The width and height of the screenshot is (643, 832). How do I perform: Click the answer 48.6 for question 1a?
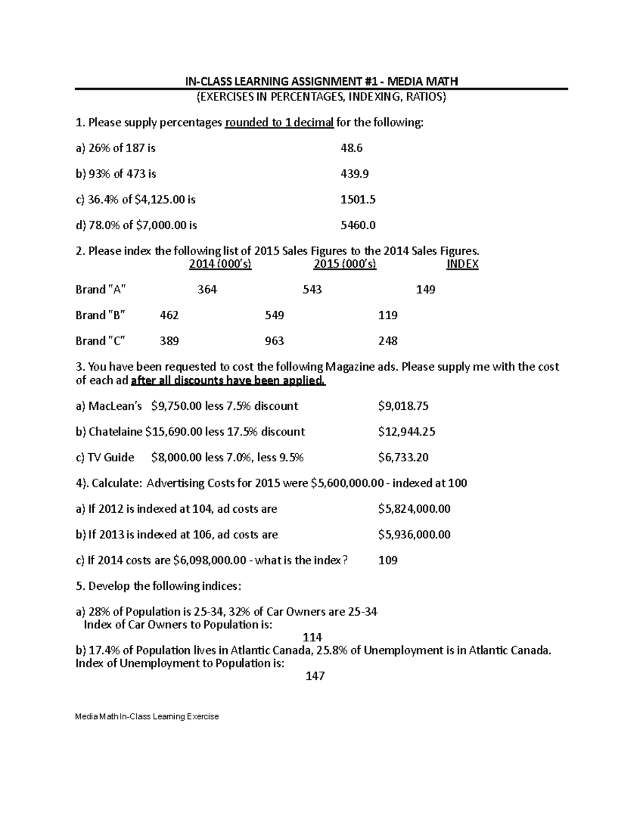pyautogui.click(x=352, y=148)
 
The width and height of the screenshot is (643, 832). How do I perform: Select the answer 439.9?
pyautogui.click(x=355, y=174)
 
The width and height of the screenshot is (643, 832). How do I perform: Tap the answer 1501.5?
pyautogui.click(x=358, y=200)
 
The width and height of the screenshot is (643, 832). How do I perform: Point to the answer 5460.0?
pyautogui.click(x=358, y=226)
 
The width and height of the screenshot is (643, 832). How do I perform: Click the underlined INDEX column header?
pyautogui.click(x=462, y=264)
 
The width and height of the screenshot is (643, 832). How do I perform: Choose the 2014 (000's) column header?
pyautogui.click(x=220, y=264)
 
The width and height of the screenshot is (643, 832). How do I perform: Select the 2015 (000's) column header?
pyautogui.click(x=345, y=264)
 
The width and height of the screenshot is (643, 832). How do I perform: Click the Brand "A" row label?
pyautogui.click(x=101, y=290)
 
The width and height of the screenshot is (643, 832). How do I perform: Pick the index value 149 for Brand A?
pyautogui.click(x=425, y=290)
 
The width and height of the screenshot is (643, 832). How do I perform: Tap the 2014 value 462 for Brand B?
pyautogui.click(x=169, y=316)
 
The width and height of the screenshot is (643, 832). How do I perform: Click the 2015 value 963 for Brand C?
pyautogui.click(x=274, y=341)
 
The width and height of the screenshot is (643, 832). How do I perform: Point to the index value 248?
pyautogui.click(x=388, y=341)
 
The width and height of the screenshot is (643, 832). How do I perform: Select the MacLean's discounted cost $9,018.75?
pyautogui.click(x=403, y=406)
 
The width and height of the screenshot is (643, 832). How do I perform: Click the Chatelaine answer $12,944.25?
pyautogui.click(x=406, y=432)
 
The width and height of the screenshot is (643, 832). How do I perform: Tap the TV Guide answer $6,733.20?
pyautogui.click(x=403, y=458)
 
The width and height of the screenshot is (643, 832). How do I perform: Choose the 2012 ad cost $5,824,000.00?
pyautogui.click(x=414, y=509)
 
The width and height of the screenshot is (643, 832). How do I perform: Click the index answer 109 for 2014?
pyautogui.click(x=388, y=560)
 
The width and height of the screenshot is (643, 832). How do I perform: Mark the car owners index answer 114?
pyautogui.click(x=312, y=638)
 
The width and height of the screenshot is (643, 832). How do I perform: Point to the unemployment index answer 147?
pyautogui.click(x=315, y=676)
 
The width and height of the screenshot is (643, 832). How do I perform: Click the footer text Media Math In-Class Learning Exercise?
pyautogui.click(x=147, y=717)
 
